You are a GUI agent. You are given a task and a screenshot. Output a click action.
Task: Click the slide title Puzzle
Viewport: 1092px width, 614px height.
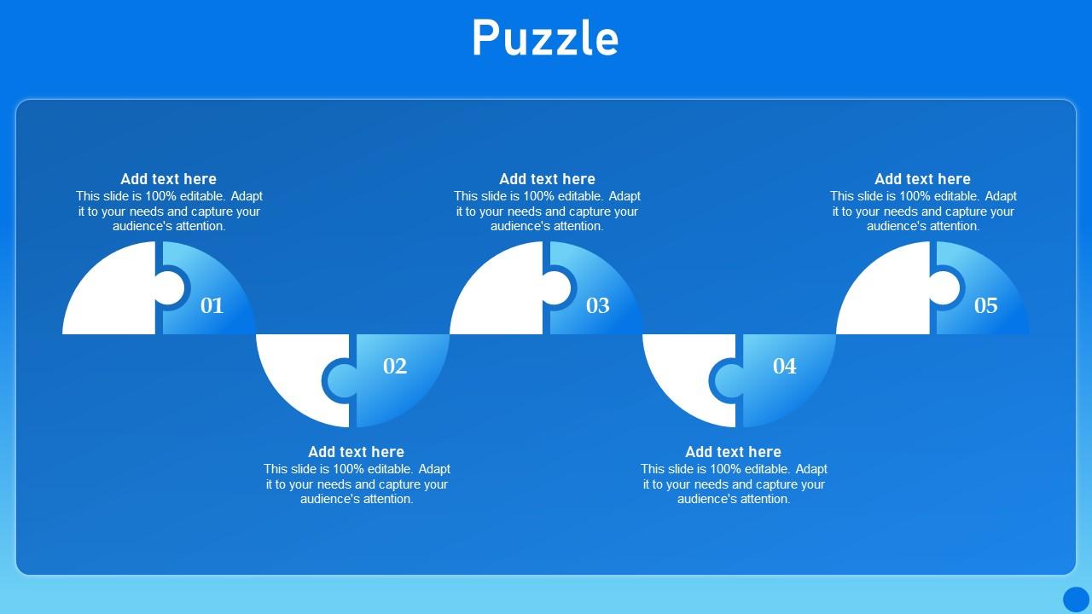pyautogui.click(x=545, y=39)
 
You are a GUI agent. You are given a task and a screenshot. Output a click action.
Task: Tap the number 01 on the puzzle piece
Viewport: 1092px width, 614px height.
pyautogui.click(x=212, y=305)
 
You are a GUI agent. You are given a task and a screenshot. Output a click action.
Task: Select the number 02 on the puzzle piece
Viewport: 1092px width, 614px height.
pyautogui.click(x=395, y=366)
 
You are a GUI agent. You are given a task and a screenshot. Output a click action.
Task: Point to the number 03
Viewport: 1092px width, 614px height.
pyautogui.click(x=598, y=305)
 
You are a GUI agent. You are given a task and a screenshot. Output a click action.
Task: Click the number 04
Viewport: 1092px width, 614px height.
pyautogui.click(x=785, y=366)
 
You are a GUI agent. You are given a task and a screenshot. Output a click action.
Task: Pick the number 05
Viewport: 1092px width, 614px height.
pyautogui.click(x=985, y=305)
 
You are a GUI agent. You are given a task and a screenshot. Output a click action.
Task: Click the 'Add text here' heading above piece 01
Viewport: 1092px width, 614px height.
pyautogui.click(x=168, y=179)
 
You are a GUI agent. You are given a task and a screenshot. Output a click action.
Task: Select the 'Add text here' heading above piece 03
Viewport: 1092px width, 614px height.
pyautogui.click(x=547, y=179)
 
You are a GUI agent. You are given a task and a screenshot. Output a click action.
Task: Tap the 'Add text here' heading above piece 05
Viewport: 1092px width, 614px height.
pyautogui.click(x=922, y=179)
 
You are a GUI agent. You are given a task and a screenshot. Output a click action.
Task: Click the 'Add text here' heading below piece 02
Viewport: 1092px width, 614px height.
pyautogui.click(x=356, y=452)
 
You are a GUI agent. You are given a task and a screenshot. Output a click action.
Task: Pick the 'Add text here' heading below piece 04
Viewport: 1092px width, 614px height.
pyautogui.click(x=733, y=452)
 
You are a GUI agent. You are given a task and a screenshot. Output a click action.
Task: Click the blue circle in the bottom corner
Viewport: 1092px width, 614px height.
pyautogui.click(x=1076, y=599)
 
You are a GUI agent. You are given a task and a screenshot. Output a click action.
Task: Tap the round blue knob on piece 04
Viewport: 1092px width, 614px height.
pyautogui.click(x=727, y=380)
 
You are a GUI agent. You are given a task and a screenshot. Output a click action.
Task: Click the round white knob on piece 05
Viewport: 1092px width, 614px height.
pyautogui.click(x=944, y=288)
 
